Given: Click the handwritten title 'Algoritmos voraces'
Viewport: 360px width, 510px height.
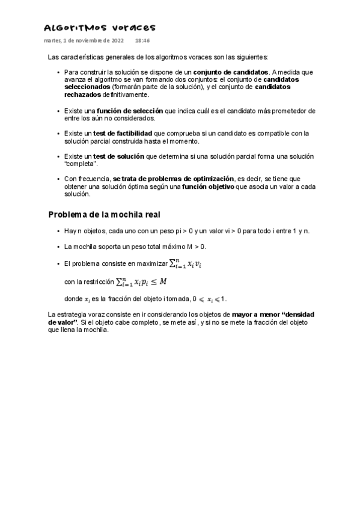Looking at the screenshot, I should (99, 28).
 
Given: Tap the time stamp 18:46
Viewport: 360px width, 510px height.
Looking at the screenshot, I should (142, 41).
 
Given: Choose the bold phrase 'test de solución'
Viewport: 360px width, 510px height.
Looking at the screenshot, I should (118, 156).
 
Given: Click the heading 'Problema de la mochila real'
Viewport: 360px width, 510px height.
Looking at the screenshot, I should (103, 215).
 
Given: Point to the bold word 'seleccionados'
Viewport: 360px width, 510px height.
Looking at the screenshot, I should (87, 87).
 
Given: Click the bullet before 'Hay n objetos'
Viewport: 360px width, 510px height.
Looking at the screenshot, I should (58, 232).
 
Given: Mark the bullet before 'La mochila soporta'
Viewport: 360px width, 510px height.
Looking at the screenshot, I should (58, 247).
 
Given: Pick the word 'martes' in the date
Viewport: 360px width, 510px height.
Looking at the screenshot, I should (52, 41).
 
